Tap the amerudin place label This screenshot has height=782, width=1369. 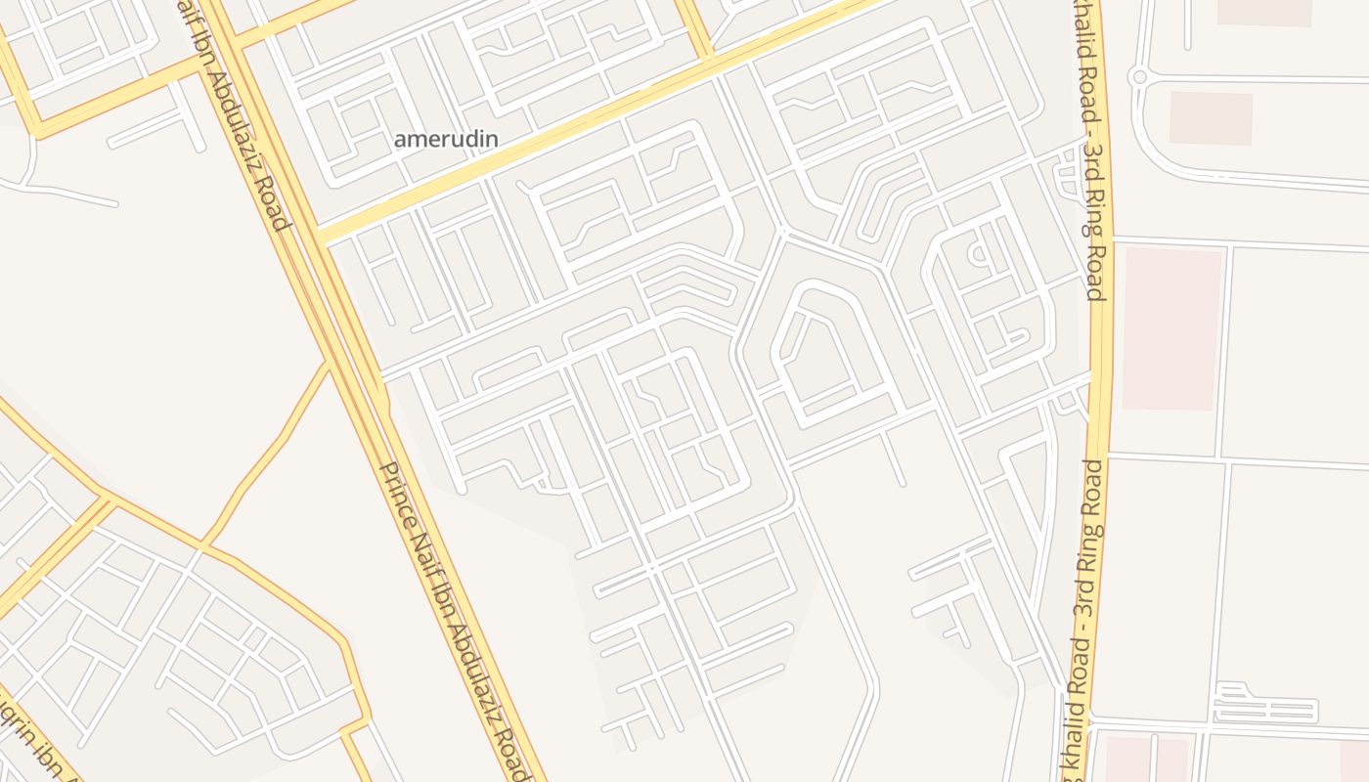click(x=446, y=140)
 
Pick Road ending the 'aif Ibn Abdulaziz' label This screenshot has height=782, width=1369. click(x=276, y=207)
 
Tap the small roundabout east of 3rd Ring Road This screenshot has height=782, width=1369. click(x=1138, y=76)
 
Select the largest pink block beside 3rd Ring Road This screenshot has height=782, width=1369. click(x=1172, y=328)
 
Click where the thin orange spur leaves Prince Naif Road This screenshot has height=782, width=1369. click(x=328, y=362)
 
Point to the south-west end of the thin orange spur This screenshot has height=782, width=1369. click(x=203, y=543)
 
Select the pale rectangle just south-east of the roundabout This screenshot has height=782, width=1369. click(x=1211, y=118)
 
